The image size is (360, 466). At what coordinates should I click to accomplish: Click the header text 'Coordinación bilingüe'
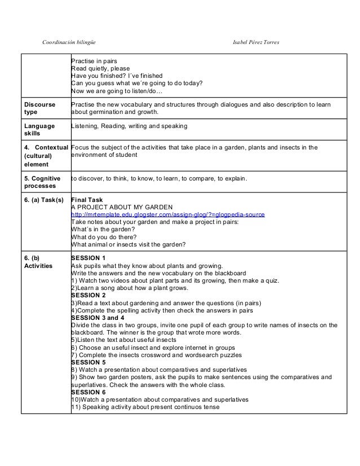coord(73,43)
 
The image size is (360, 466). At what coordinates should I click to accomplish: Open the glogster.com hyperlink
coord(168,214)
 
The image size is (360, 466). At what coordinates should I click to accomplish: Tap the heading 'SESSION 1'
coord(89,258)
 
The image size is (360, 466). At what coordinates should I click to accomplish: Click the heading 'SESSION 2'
coord(89,295)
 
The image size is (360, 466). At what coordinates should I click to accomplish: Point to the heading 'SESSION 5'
coord(89,362)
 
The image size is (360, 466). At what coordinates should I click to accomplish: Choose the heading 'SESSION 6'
coord(89,392)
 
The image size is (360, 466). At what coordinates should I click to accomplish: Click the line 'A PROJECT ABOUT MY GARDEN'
coord(117,207)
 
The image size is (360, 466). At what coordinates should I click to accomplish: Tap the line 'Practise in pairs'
coord(93,60)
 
